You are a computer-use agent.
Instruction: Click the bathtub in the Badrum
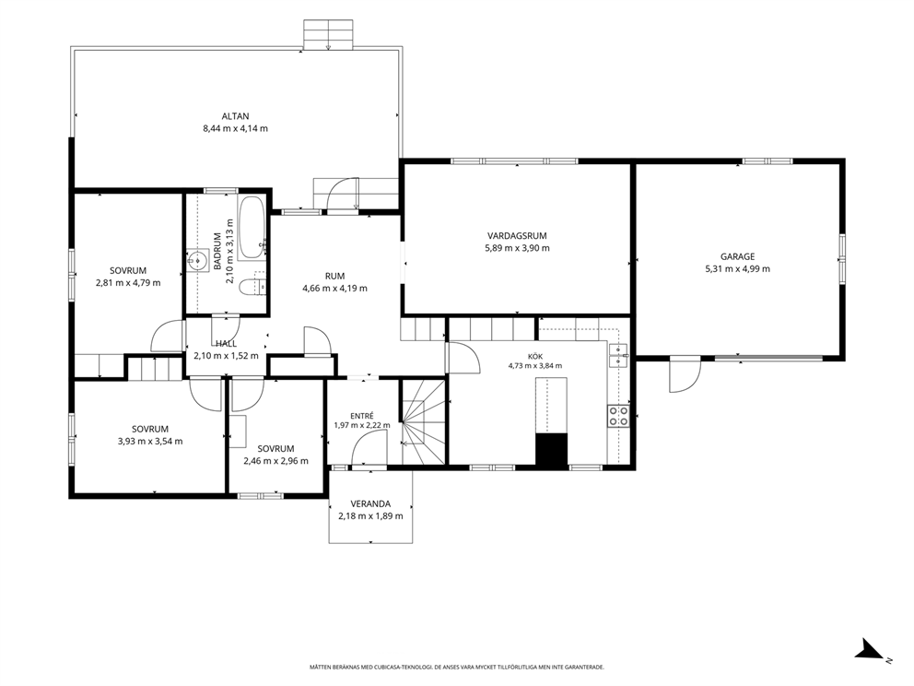click(x=252, y=228)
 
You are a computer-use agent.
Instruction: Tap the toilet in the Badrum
click(x=253, y=287)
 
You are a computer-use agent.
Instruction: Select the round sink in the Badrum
click(x=199, y=260)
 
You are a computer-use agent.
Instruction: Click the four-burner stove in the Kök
click(x=618, y=416)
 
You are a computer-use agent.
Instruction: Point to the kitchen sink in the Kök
click(x=618, y=355)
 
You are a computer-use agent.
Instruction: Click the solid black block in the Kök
click(x=551, y=451)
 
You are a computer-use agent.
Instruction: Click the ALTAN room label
click(x=236, y=116)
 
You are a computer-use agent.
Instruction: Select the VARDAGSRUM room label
click(x=517, y=236)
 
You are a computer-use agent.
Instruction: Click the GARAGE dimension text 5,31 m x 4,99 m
click(x=737, y=269)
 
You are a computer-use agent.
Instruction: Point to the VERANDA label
click(x=370, y=504)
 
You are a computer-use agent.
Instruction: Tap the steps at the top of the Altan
click(x=328, y=34)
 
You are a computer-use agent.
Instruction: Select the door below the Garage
click(x=685, y=374)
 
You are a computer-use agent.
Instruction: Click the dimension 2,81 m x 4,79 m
click(x=128, y=283)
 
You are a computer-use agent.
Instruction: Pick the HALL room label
click(x=226, y=344)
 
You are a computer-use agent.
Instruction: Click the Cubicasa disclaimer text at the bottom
click(x=456, y=666)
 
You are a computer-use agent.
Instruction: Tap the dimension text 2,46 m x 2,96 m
click(x=275, y=461)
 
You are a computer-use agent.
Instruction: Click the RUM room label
click(x=334, y=276)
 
